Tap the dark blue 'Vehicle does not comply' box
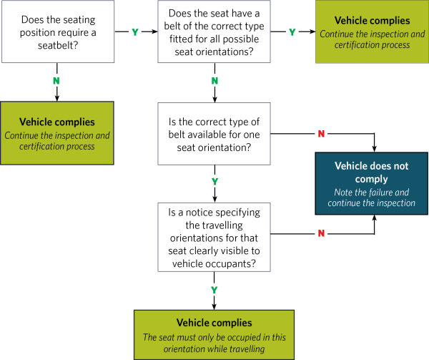click(x=371, y=184)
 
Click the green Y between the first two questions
click(x=136, y=32)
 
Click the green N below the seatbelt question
click(x=57, y=81)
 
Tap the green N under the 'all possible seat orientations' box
click(x=214, y=81)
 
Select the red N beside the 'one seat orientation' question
click(x=321, y=133)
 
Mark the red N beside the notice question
click(x=321, y=233)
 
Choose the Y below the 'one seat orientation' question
click(x=214, y=182)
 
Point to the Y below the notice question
click(x=214, y=289)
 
